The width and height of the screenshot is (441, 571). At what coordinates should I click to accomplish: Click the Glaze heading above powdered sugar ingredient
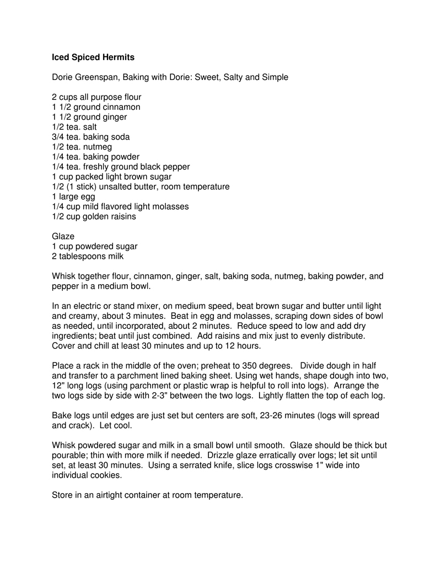point(63,236)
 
